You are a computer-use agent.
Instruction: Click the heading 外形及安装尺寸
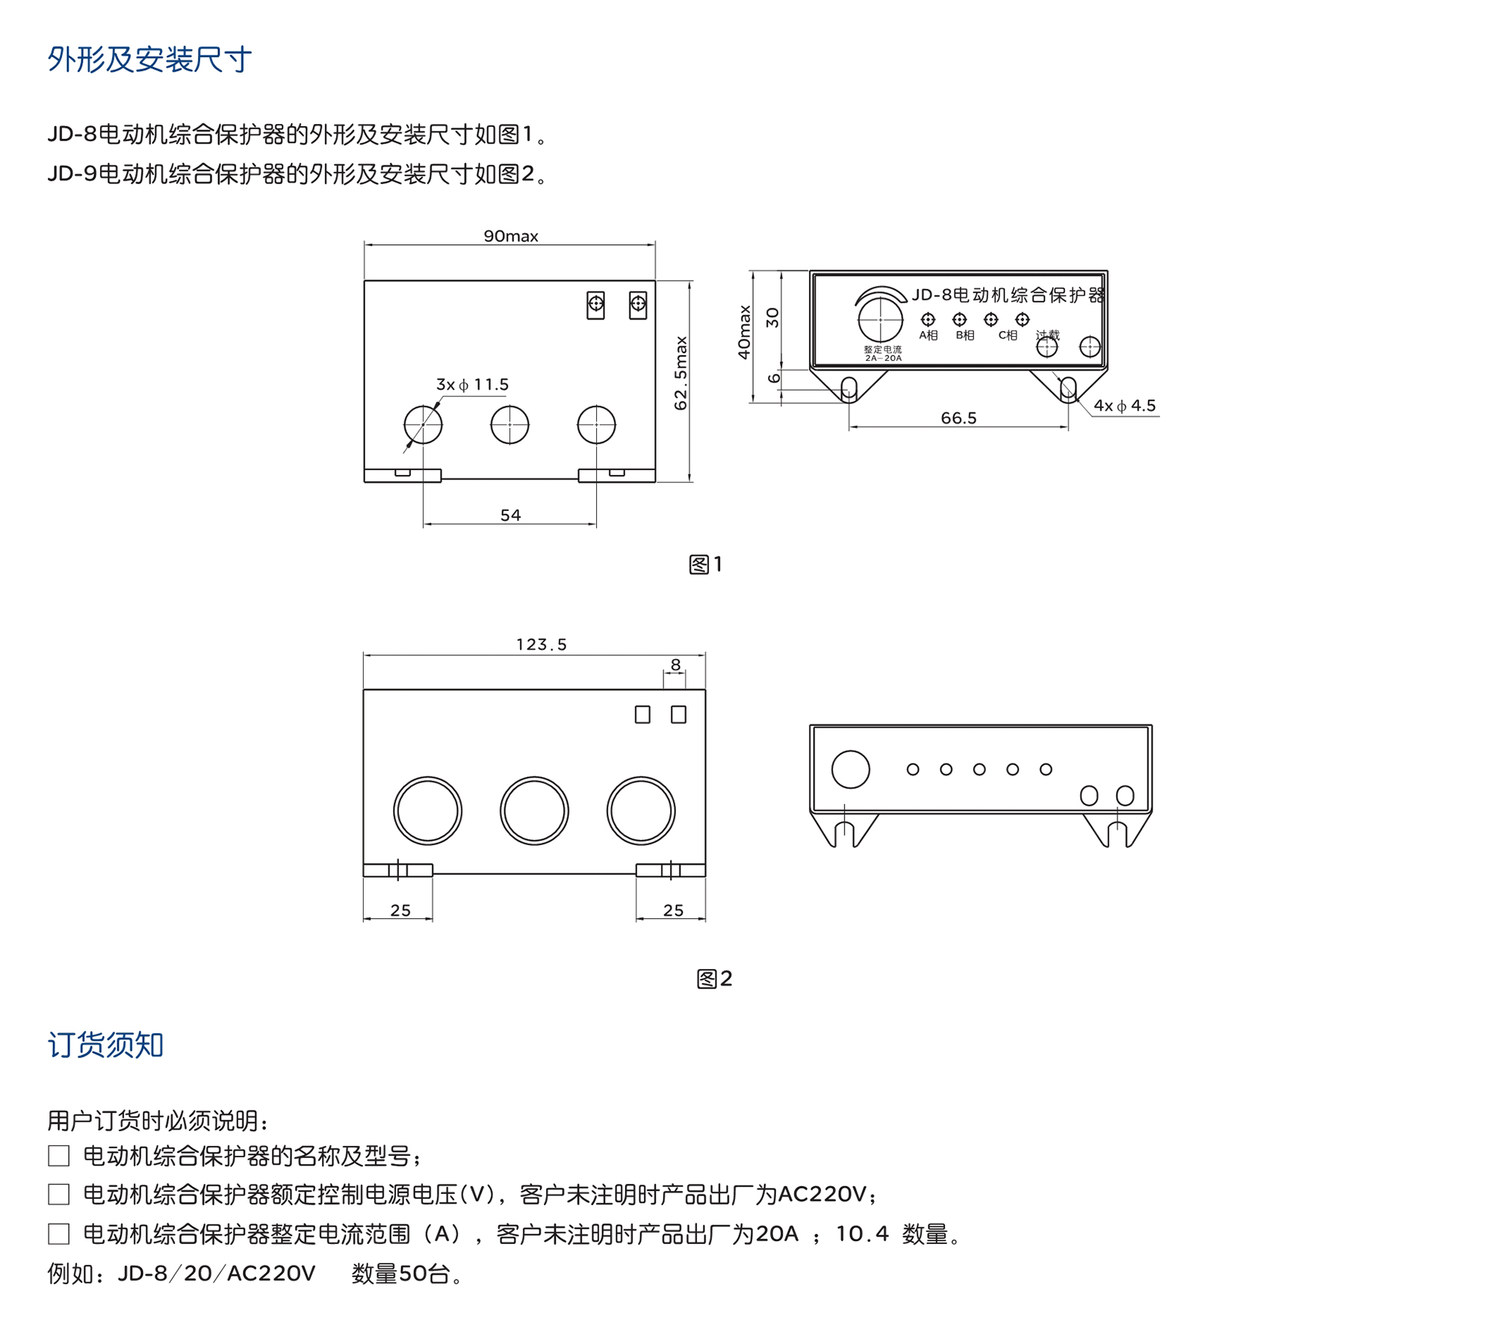pos(149,60)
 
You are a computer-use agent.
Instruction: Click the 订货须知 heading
pos(105,1044)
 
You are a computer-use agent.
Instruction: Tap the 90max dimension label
pos(510,236)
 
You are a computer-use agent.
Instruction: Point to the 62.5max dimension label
pos(681,373)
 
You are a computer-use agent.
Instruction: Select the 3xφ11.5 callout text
pos(472,385)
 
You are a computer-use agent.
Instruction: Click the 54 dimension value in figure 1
pos(510,515)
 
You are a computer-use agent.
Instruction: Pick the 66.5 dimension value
pos(958,418)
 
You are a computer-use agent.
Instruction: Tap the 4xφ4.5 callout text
pos(1124,406)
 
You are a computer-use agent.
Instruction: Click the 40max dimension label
pos(744,332)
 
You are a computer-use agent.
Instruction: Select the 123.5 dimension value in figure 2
pos(541,645)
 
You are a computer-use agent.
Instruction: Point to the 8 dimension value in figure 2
pos(675,665)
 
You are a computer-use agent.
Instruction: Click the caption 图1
pos(705,565)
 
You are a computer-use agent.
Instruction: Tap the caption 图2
pos(714,979)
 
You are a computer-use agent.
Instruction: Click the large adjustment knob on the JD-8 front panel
pos(880,320)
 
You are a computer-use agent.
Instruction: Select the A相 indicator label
pos(928,335)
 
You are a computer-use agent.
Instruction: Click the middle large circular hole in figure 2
pos(534,811)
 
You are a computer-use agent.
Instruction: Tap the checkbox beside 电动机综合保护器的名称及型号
pos(59,1156)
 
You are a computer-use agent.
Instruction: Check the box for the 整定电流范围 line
pos(59,1233)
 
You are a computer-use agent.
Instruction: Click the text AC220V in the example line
pos(271,1273)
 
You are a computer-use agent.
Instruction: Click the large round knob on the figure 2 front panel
pos(850,769)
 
